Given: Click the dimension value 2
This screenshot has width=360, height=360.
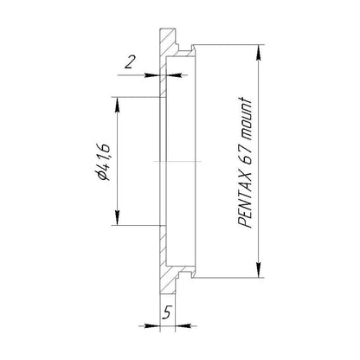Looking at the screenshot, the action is point(130,62).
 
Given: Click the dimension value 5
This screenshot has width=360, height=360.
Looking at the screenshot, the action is point(167,312).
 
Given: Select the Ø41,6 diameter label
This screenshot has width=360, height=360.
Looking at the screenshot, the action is point(104,161).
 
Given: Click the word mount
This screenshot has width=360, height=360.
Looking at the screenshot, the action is point(245,118).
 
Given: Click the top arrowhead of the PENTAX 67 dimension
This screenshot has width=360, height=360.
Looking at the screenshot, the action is point(259,53).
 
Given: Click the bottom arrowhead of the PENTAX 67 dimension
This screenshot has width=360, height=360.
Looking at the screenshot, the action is point(259,269).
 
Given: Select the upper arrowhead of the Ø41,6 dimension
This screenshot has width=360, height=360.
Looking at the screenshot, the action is point(117,106).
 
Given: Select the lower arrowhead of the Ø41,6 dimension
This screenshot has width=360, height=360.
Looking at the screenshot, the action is point(117,217).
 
